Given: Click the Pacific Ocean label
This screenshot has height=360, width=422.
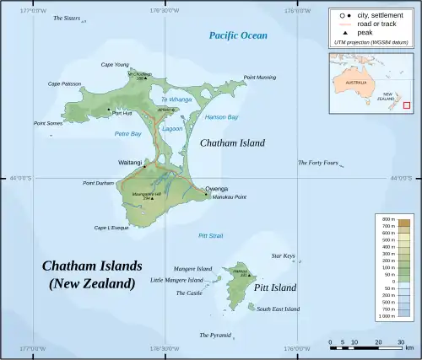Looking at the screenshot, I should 238,35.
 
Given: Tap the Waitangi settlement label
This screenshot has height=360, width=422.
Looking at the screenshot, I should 131,161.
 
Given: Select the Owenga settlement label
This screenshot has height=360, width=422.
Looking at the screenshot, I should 216,189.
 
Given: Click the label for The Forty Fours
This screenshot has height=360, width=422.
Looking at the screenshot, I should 317,163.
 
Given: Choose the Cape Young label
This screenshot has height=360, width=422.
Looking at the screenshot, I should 115,65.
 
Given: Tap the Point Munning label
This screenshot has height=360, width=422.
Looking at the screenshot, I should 259,78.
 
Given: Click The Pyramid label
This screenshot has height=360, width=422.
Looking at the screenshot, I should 214,335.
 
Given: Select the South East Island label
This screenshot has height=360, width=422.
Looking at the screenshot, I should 278,309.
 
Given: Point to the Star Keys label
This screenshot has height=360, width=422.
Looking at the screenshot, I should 283,255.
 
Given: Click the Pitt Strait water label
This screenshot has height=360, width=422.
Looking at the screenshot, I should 210,235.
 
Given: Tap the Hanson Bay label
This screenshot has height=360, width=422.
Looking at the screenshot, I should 221,116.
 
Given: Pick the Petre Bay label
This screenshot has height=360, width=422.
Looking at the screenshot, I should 127,133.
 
